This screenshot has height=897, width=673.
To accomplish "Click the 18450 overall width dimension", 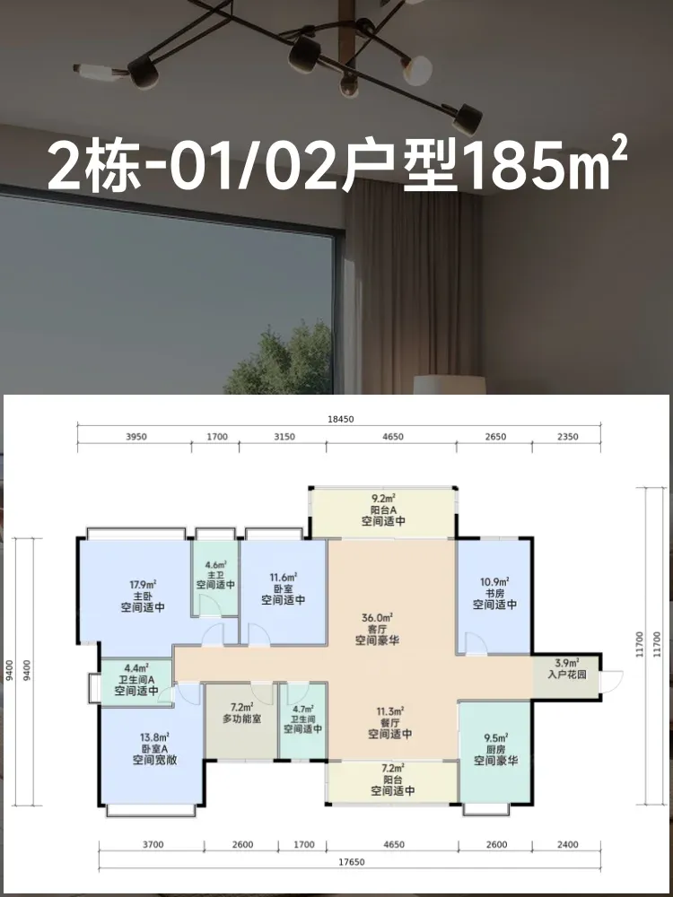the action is click(342, 419).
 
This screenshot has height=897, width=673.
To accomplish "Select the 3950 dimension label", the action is click(135, 437).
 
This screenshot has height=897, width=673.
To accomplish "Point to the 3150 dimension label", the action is click(284, 437).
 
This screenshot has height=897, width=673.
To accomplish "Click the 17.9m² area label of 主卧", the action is click(143, 585).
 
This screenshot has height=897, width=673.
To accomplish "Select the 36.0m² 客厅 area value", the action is click(377, 618).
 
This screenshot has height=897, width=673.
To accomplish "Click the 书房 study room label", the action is click(495, 593).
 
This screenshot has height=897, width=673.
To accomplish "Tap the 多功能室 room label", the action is click(241, 718).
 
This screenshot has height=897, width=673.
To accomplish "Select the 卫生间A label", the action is click(136, 680).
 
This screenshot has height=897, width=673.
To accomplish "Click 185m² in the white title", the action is click(548, 166).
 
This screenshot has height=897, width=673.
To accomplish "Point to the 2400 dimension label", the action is click(566, 844).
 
